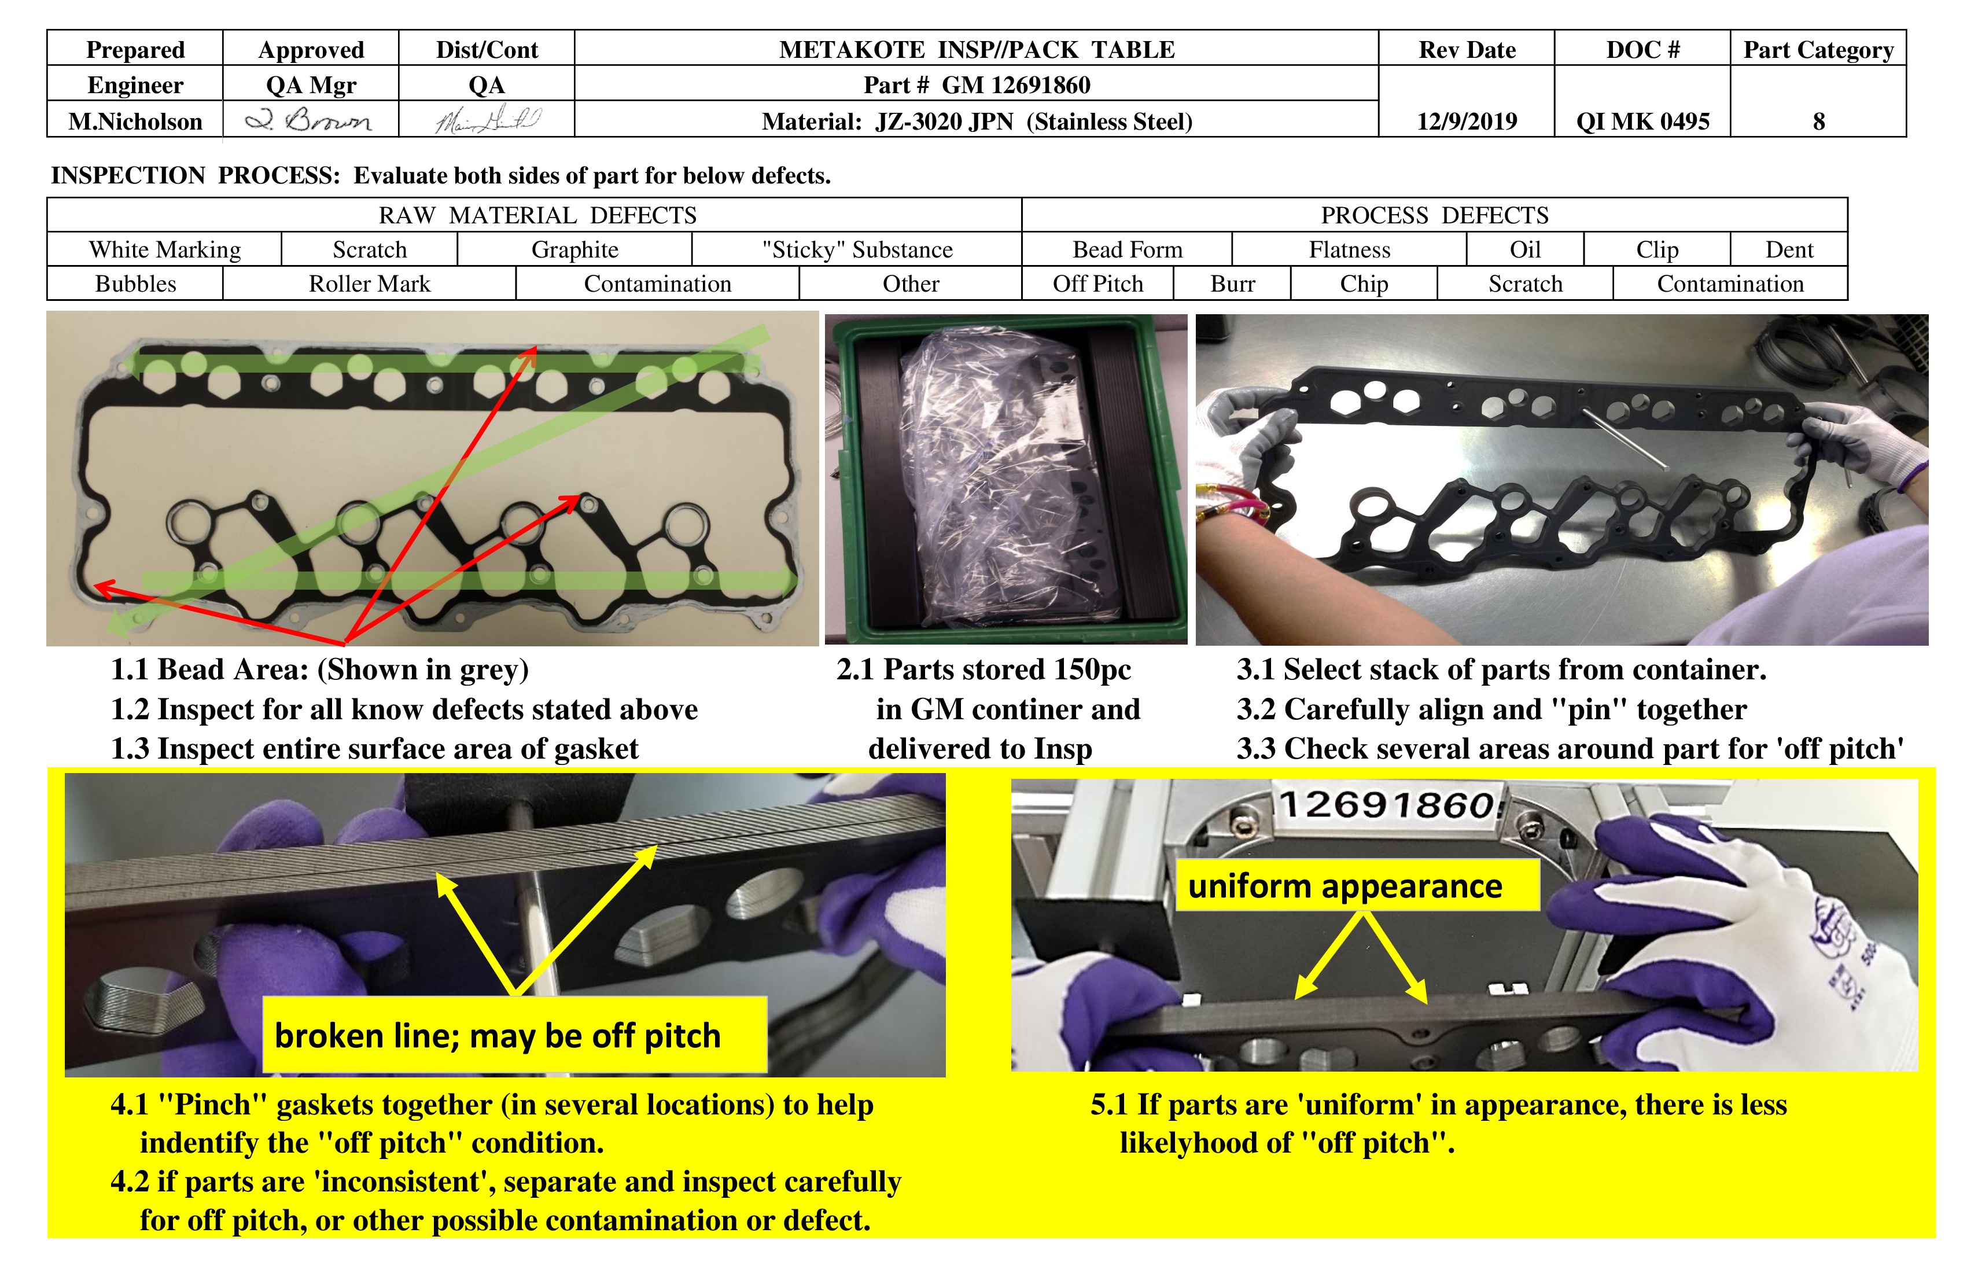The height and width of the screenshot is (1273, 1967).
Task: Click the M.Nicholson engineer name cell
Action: click(x=135, y=122)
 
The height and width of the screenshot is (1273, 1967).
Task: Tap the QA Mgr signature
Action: click(x=310, y=121)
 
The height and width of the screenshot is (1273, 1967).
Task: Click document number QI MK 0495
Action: click(x=1642, y=122)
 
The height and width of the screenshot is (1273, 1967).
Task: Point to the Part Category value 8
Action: click(x=1818, y=122)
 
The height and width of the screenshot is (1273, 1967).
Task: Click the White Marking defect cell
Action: click(x=164, y=249)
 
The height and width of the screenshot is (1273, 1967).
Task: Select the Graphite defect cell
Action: click(x=574, y=249)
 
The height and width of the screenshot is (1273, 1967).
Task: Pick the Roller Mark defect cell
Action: click(x=370, y=284)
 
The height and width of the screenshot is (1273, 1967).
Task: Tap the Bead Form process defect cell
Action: click(x=1128, y=249)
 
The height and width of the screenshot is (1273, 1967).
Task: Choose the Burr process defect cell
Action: click(x=1232, y=284)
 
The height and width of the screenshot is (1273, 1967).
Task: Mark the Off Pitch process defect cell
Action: click(x=1097, y=284)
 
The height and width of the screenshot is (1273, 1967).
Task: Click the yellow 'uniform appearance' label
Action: click(x=1345, y=886)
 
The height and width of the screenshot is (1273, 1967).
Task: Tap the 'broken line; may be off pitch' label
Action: click(x=498, y=1036)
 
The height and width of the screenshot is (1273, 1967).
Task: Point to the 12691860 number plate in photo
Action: click(x=1388, y=804)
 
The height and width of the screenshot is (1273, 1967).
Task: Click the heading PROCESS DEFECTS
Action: click(x=1434, y=215)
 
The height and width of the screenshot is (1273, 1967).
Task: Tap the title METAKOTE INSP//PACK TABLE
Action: click(x=976, y=50)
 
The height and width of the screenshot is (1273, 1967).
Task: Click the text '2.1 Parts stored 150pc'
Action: click(x=983, y=669)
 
